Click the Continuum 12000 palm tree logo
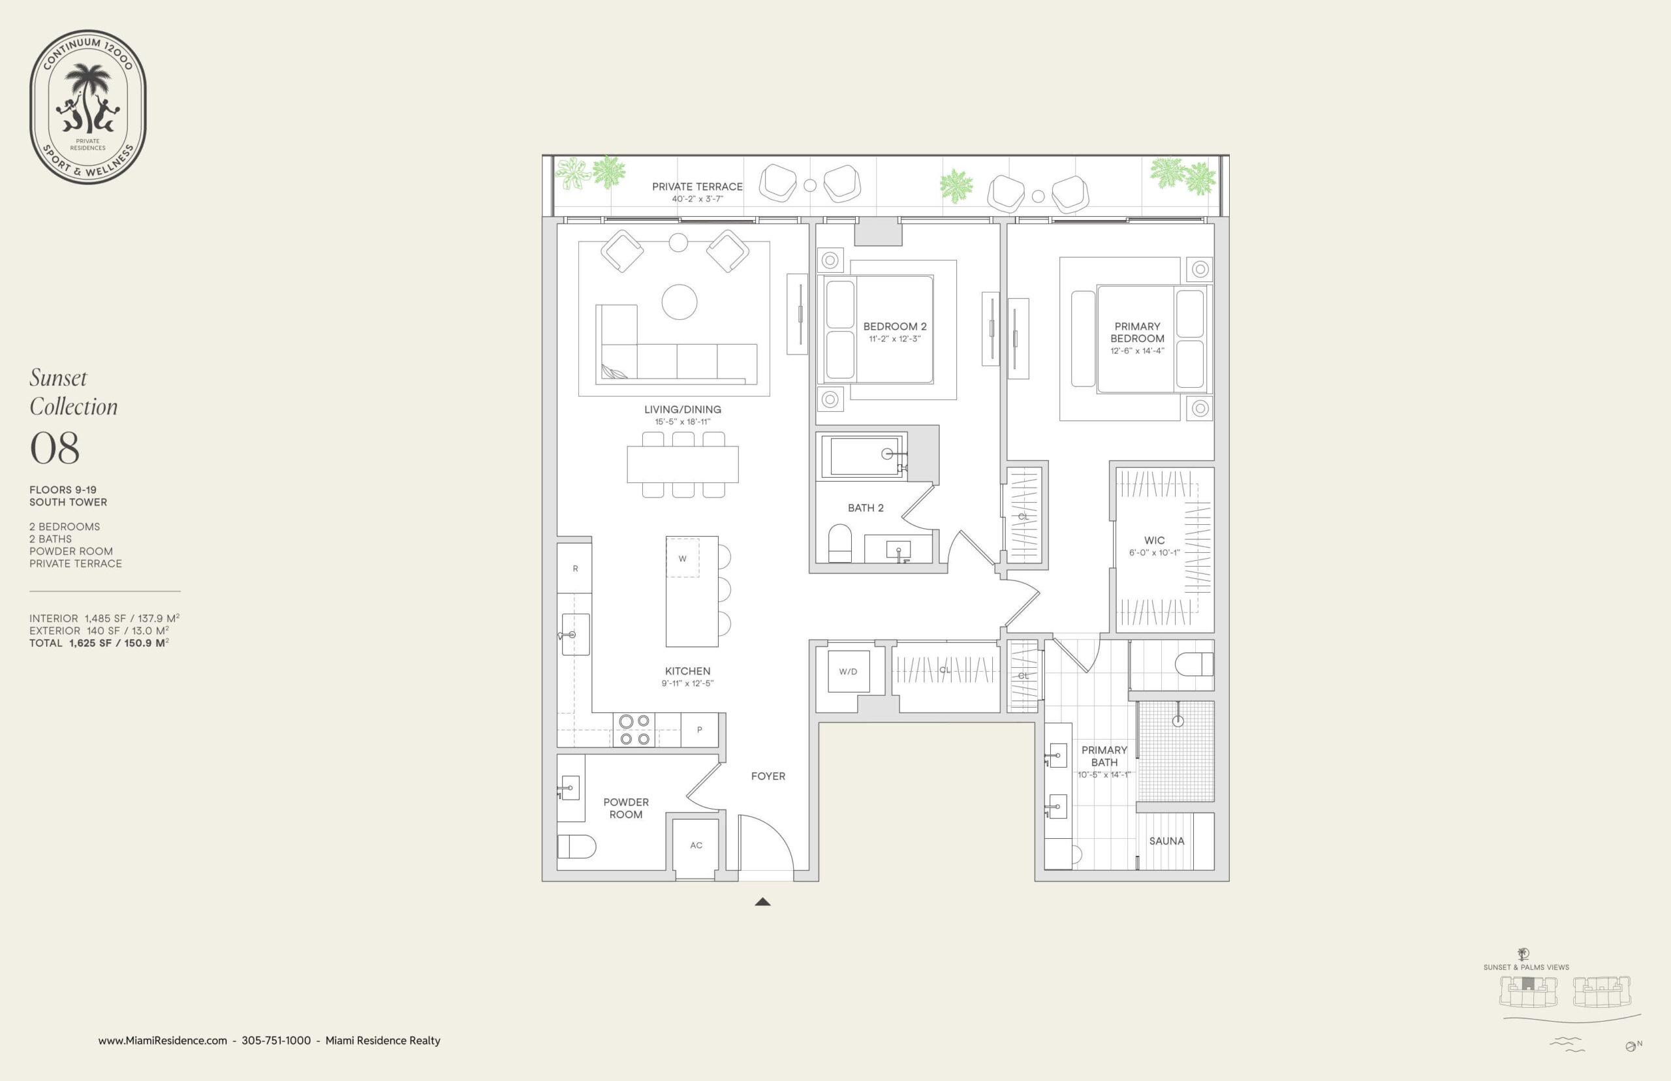[x=87, y=106]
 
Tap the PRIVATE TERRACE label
[x=697, y=187]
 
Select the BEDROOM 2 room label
[x=895, y=326]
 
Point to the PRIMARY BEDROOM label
[x=1137, y=332]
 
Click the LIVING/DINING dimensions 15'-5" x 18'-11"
[x=682, y=422]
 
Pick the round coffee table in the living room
[x=679, y=302]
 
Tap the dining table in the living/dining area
[x=683, y=464]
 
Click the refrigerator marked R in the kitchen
[x=575, y=568]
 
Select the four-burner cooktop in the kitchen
[x=634, y=730]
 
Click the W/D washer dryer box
[x=849, y=672]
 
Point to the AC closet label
[x=696, y=845]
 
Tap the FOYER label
[x=768, y=776]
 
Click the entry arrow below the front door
[x=763, y=902]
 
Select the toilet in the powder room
[x=576, y=847]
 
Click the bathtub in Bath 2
[x=862, y=456]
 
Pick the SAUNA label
[x=1166, y=841]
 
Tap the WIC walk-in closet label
[x=1155, y=540]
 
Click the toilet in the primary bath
[x=1194, y=664]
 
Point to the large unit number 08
[x=55, y=448]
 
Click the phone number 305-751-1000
[x=276, y=1041]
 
